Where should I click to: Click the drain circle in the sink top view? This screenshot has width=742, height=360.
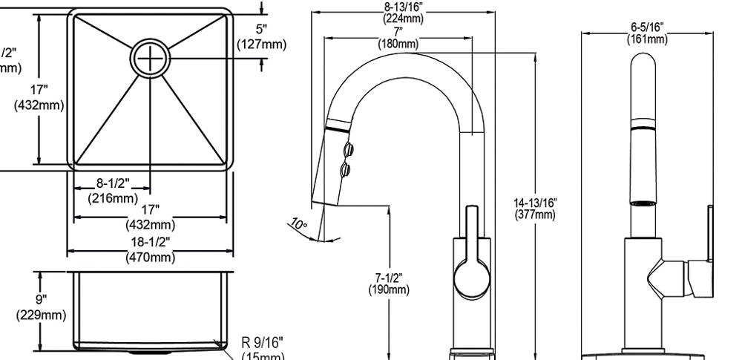click(x=151, y=57)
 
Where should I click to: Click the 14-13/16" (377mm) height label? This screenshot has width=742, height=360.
click(x=535, y=209)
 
